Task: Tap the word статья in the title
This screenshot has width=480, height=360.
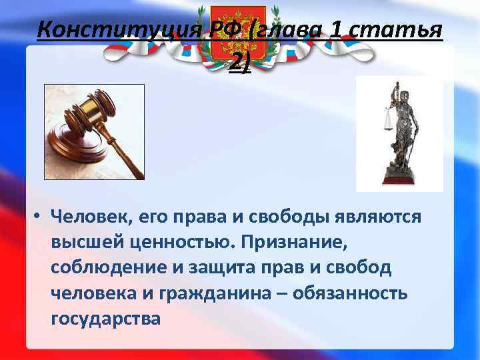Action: click(407, 30)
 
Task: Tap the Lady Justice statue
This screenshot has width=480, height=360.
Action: click(400, 133)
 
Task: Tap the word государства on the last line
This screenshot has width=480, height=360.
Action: click(105, 319)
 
